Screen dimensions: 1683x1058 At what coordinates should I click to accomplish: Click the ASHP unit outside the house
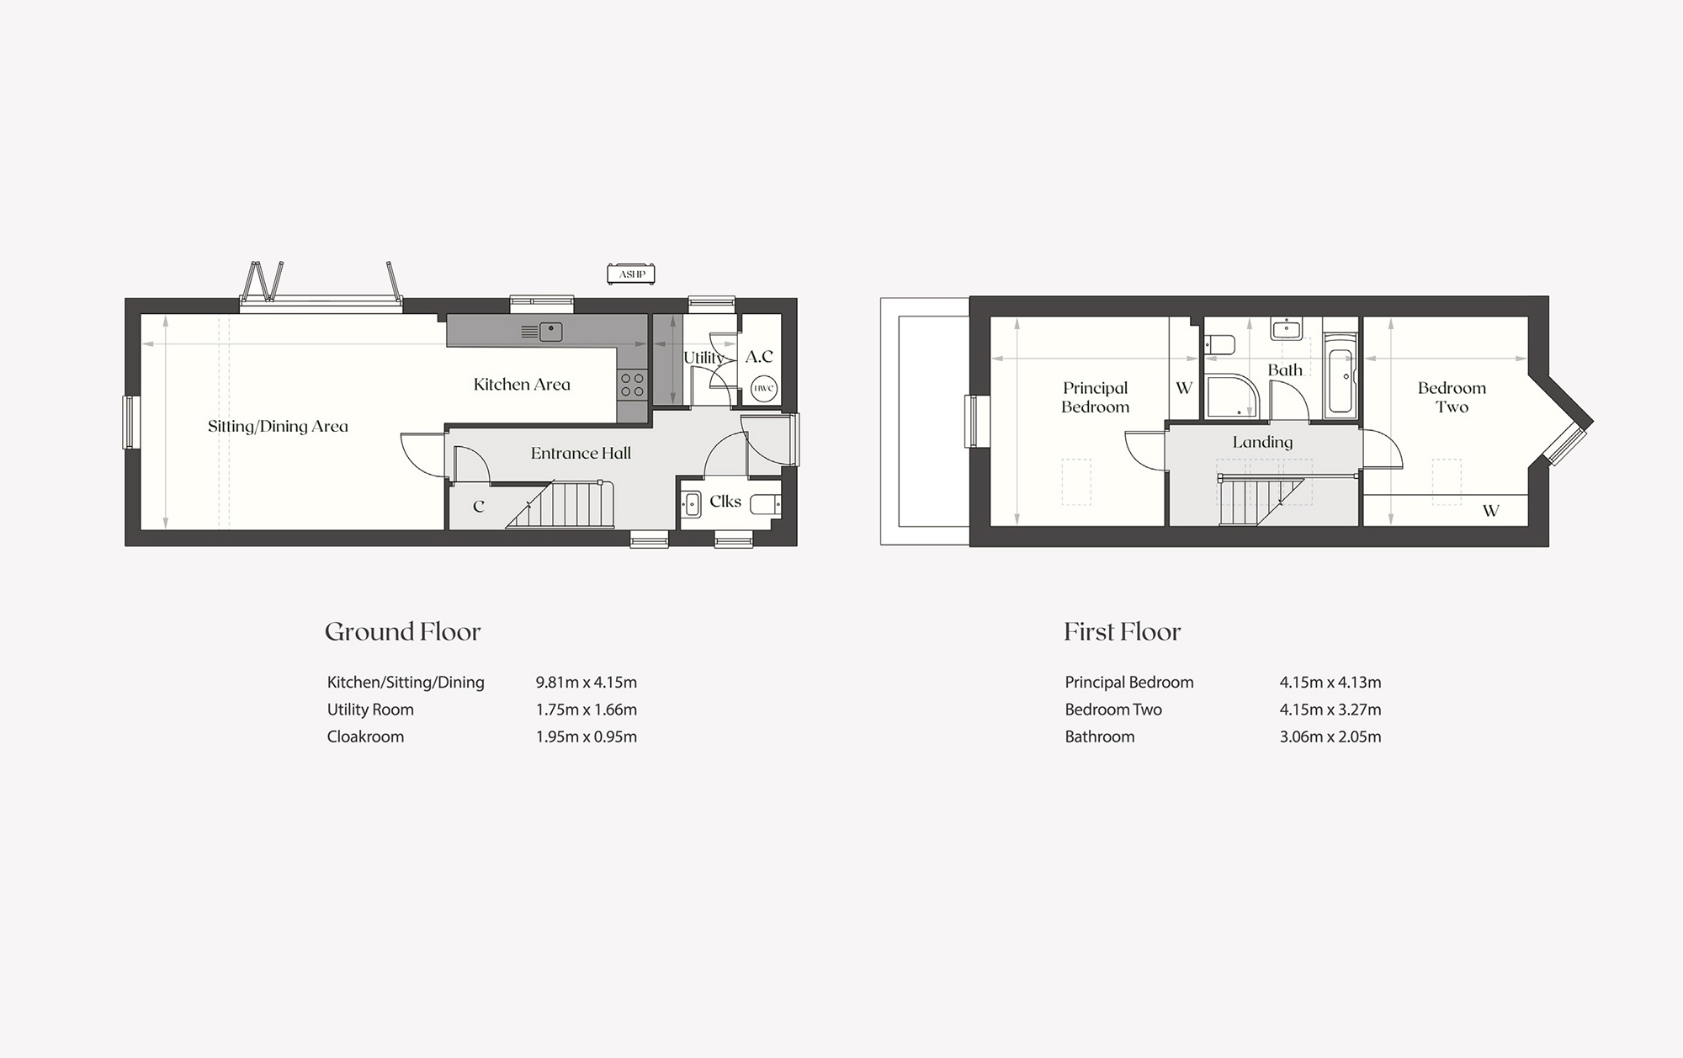[x=631, y=274]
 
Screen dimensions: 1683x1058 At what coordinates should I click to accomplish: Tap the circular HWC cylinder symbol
[x=763, y=388]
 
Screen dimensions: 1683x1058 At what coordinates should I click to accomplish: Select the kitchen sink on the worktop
[x=551, y=332]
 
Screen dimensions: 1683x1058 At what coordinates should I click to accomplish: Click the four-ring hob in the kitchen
[x=632, y=385]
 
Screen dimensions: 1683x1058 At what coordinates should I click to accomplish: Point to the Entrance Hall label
[x=581, y=453]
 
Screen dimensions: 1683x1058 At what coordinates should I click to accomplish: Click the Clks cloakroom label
[x=725, y=502]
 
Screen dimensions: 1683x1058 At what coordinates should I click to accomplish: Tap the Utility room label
[x=703, y=358]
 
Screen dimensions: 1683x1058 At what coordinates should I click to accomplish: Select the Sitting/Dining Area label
[x=278, y=426]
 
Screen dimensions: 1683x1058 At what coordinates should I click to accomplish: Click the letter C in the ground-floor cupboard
[x=479, y=507]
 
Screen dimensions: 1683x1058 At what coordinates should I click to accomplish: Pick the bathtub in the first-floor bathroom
[x=1341, y=376]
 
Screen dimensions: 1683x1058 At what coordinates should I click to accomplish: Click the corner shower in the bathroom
[x=1233, y=396]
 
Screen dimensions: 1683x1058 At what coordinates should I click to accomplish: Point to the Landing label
[x=1262, y=442]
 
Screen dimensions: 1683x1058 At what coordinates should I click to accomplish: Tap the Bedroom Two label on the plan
[x=1452, y=397]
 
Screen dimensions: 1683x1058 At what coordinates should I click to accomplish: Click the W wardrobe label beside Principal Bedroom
[x=1184, y=388]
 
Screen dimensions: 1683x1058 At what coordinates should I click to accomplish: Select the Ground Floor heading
[x=403, y=631]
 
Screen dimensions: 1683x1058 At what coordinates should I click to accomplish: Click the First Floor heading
[x=1123, y=631]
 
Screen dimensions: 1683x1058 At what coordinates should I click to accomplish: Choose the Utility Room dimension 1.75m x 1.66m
[x=587, y=710]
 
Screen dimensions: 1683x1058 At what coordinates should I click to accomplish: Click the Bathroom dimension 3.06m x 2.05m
[x=1330, y=736]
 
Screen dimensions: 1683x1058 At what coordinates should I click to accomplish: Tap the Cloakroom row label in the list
[x=365, y=736]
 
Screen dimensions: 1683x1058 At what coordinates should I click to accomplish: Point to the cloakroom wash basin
[x=692, y=504]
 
